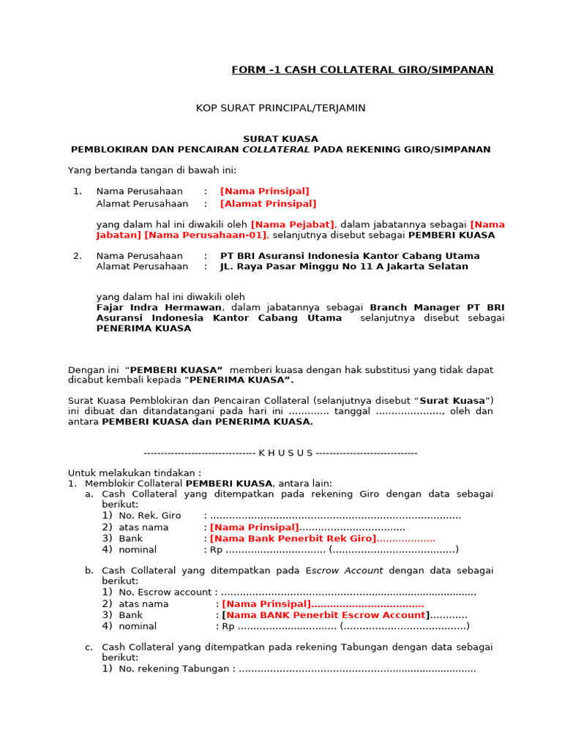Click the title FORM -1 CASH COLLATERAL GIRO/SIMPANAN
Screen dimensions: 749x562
click(362, 70)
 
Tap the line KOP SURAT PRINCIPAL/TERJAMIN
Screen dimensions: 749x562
click(280, 108)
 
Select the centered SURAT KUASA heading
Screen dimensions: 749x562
click(280, 139)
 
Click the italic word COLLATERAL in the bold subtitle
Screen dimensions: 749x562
click(276, 149)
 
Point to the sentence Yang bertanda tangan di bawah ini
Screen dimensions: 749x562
click(147, 170)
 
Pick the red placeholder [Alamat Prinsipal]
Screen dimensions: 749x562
click(268, 204)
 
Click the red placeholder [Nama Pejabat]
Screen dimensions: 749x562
click(293, 225)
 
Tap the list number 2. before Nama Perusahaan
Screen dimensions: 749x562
click(77, 256)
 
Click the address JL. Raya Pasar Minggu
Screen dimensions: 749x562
click(344, 267)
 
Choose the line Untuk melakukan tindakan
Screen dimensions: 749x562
click(135, 473)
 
